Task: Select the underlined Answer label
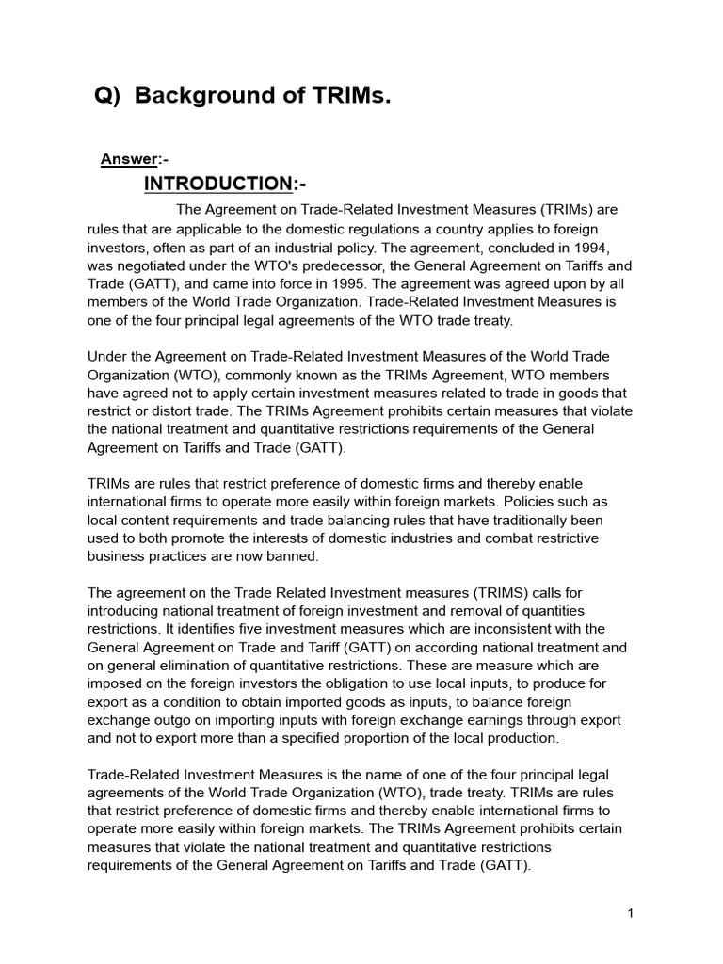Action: (128, 159)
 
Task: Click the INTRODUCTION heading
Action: (217, 183)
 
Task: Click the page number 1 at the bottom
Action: (631, 914)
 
